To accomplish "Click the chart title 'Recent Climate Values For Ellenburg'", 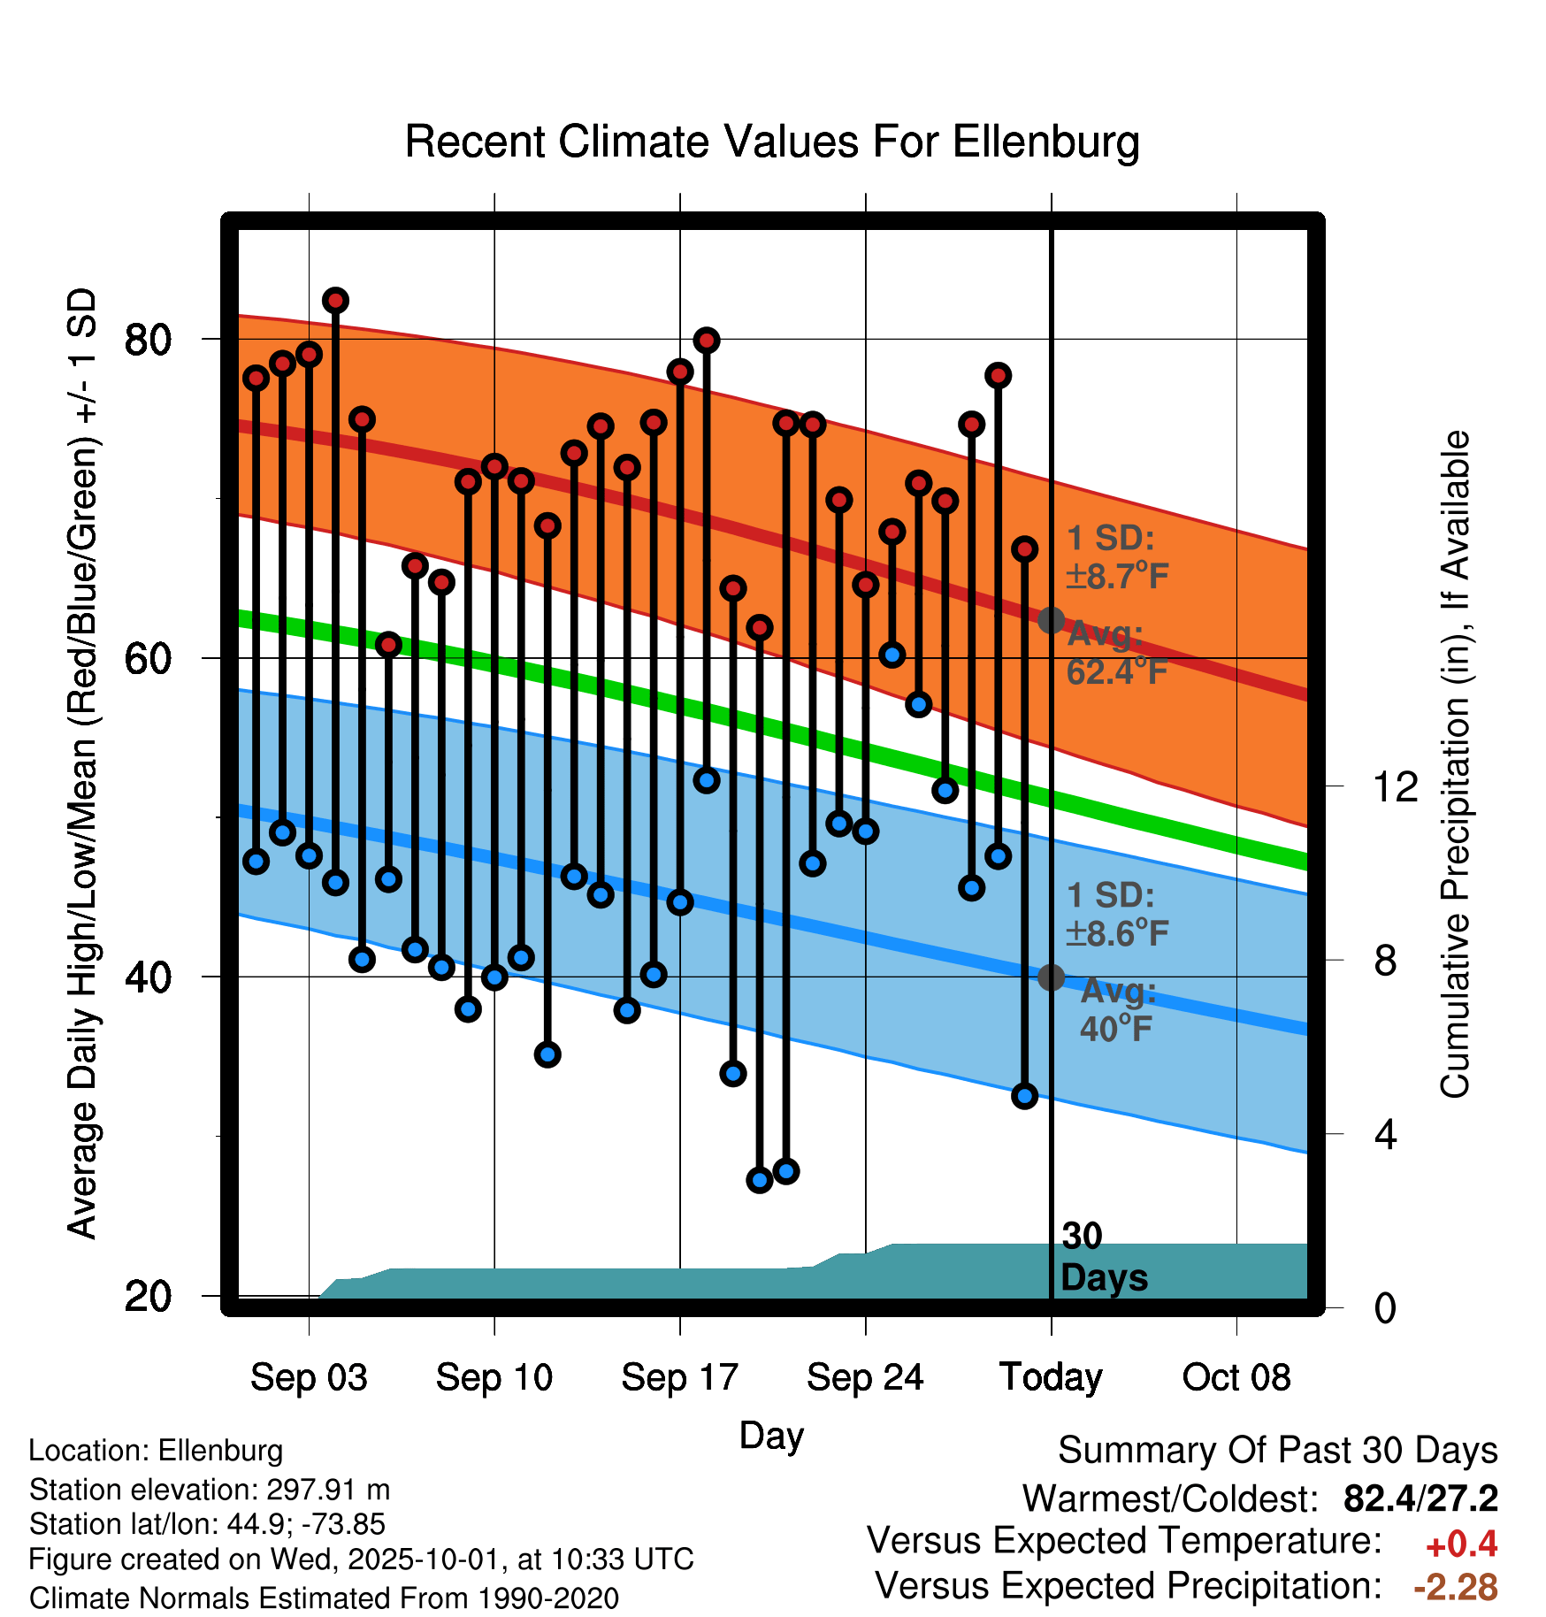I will point(772,142).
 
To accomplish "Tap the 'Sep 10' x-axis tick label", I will point(494,1377).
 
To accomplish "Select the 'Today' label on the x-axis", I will point(1051,1377).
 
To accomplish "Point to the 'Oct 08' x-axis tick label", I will point(1236,1377).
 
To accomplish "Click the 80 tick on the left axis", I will point(148,340).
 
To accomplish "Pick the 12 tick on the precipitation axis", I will point(1395,786).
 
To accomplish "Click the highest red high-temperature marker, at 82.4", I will point(335,301).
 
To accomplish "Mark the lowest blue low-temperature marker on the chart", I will point(760,1180).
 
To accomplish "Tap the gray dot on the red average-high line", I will point(1051,620).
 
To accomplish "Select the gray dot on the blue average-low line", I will point(1051,977).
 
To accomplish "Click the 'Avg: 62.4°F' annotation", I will point(1116,654).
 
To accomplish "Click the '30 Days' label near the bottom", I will point(1103,1257).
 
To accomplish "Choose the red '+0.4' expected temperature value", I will point(1461,1544).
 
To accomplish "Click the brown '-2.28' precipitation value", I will point(1456,1587).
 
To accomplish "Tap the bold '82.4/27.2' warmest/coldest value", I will point(1420,1498).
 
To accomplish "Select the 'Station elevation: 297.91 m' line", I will point(210,1490).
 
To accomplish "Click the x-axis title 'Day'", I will point(771,1435).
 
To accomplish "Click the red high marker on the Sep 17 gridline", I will point(680,372).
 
